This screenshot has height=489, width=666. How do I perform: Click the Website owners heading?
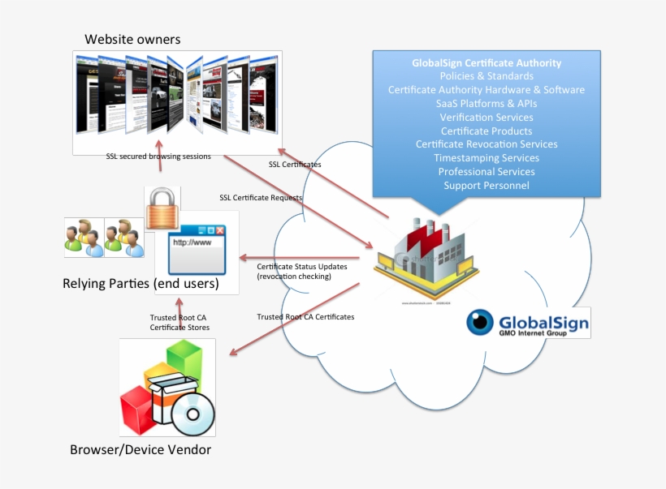coord(132,39)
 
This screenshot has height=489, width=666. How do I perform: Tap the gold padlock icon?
coord(161,210)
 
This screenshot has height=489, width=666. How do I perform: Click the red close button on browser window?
coord(218,231)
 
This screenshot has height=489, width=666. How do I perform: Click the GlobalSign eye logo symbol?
coord(479,322)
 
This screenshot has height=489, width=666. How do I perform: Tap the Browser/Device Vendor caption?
coord(141,449)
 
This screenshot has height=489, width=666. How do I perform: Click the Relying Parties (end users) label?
coord(141,284)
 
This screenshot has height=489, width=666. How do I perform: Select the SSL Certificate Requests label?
coord(261,197)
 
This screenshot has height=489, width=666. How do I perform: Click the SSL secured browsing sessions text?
coord(158,157)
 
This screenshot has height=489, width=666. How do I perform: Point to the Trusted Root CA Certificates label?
coord(305,316)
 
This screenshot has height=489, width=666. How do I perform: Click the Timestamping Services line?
coord(487,158)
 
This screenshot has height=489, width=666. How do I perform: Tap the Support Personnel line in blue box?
coord(487,186)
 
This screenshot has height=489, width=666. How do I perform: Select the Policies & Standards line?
coord(487,76)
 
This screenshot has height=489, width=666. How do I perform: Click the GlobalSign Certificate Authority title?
coord(487,62)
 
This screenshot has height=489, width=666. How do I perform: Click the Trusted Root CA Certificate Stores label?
coord(179,322)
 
